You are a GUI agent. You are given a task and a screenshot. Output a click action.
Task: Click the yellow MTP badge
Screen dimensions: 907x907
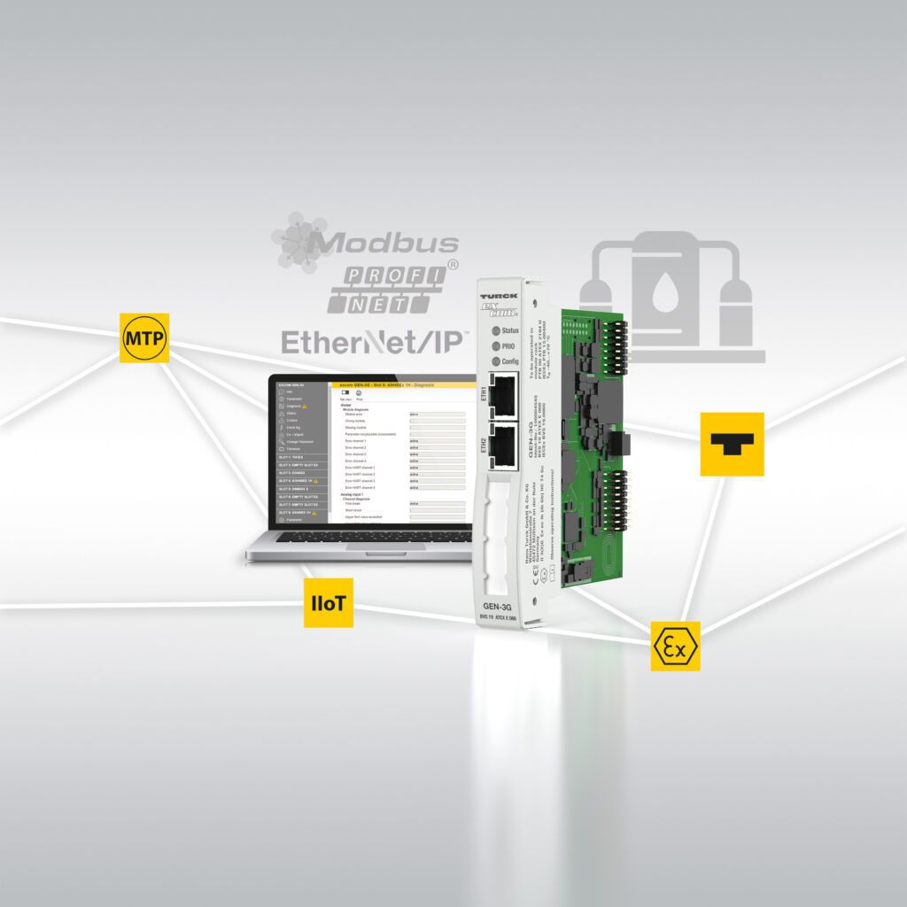(144, 337)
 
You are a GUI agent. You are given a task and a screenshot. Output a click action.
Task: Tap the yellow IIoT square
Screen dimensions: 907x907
(329, 602)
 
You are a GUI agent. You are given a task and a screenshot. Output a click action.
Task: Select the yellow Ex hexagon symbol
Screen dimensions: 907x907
(675, 646)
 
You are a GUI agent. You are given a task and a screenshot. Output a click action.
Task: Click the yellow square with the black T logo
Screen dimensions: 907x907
(732, 444)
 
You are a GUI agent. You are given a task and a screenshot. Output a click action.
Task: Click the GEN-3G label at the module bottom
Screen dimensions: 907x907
(500, 606)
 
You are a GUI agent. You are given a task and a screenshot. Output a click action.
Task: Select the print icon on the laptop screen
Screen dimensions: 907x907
(360, 393)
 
